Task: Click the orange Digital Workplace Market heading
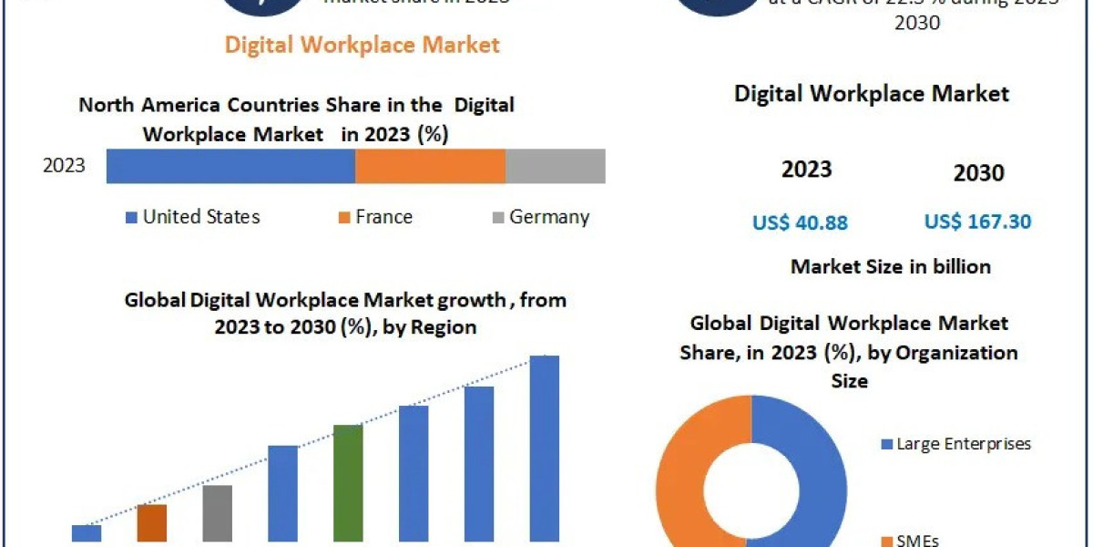pyautogui.click(x=363, y=44)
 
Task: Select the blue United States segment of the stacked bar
pyautogui.click(x=230, y=166)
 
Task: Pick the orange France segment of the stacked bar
pyautogui.click(x=430, y=166)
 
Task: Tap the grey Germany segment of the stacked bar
pyautogui.click(x=555, y=166)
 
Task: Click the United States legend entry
pyautogui.click(x=192, y=217)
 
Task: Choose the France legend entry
pyautogui.click(x=375, y=217)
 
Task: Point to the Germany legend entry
pyautogui.click(x=541, y=217)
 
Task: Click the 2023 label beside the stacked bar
pyautogui.click(x=64, y=166)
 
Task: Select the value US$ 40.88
pyautogui.click(x=800, y=222)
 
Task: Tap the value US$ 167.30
pyautogui.click(x=977, y=222)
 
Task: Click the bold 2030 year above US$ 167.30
pyautogui.click(x=978, y=173)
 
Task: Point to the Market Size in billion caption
pyautogui.click(x=890, y=266)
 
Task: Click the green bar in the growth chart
pyautogui.click(x=348, y=483)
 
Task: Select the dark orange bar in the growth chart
pyautogui.click(x=152, y=523)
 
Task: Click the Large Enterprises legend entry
pyautogui.click(x=955, y=444)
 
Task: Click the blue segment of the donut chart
pyautogui.click(x=820, y=474)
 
